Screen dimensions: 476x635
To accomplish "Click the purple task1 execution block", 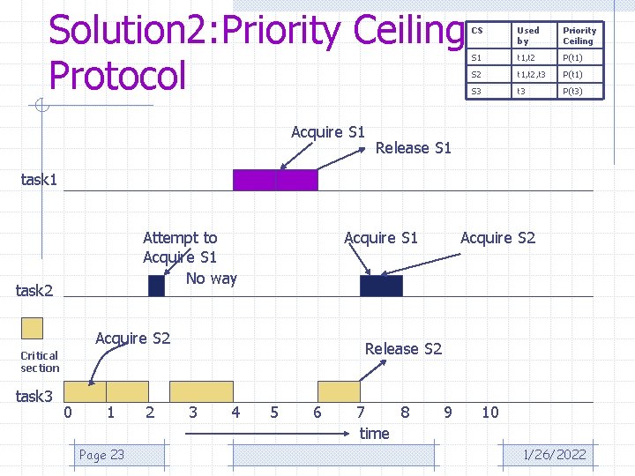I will pyautogui.click(x=274, y=180).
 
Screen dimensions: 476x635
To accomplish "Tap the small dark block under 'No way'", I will pyautogui.click(x=156, y=286).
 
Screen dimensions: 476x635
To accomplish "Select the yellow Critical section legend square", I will pyautogui.click(x=32, y=328).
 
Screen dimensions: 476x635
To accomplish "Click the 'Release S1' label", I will pyautogui.click(x=413, y=148).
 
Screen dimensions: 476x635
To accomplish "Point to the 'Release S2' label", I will pyautogui.click(x=403, y=349).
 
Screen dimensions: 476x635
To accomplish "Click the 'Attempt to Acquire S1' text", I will pyautogui.click(x=180, y=247).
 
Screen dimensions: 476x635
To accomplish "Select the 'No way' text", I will pyautogui.click(x=212, y=279).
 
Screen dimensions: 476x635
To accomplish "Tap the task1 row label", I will pyautogui.click(x=39, y=180).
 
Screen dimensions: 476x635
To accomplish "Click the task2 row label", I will pyautogui.click(x=35, y=291).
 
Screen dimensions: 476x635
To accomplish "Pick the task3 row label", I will pyautogui.click(x=35, y=397).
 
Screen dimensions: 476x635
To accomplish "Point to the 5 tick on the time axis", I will pyautogui.click(x=274, y=413).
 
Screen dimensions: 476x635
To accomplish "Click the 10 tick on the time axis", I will pyautogui.click(x=489, y=413).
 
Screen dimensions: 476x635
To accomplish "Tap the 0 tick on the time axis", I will pyautogui.click(x=68, y=413).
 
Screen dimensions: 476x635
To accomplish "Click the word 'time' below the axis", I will pyautogui.click(x=374, y=433).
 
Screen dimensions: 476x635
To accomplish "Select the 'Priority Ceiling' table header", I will pyautogui.click(x=579, y=35).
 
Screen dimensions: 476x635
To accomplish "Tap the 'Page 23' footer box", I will pyautogui.click(x=102, y=455).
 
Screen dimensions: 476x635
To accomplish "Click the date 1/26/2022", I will pyautogui.click(x=554, y=455).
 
